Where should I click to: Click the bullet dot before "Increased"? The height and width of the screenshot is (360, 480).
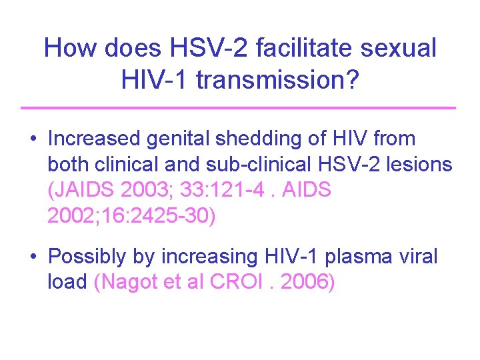(x=32, y=140)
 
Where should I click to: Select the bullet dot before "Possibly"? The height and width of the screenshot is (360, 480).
(x=32, y=257)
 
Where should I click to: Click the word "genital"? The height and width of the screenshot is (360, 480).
(x=188, y=139)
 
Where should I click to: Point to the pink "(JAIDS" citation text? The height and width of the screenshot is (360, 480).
(x=81, y=191)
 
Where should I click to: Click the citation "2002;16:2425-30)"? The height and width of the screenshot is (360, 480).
(x=132, y=217)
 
